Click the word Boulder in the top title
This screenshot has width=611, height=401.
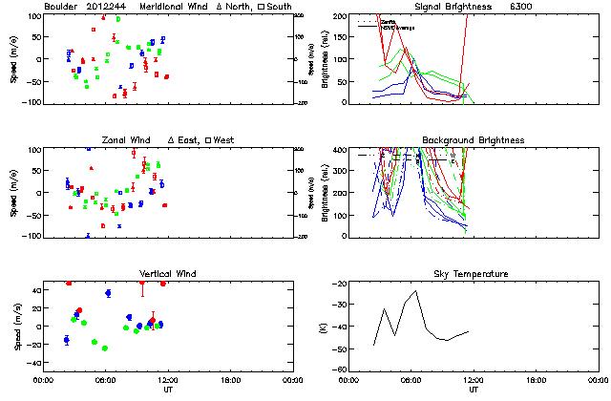coord(62,7)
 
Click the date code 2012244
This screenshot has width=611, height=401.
coord(109,7)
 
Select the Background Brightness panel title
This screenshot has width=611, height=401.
coord(473,141)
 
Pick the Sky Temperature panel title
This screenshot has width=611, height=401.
coord(473,274)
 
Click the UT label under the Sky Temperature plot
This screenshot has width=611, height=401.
coord(473,389)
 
